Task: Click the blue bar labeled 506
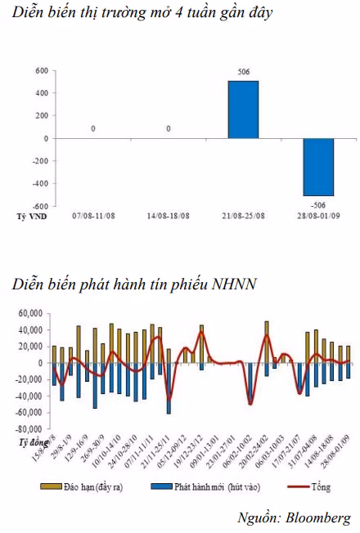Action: pos(243,109)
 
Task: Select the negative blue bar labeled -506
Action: pos(317,167)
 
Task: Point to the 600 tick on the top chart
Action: pos(41,71)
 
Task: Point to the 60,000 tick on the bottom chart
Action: pos(29,313)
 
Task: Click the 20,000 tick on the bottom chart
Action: pos(29,347)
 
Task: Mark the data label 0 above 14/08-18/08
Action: pos(169,128)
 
